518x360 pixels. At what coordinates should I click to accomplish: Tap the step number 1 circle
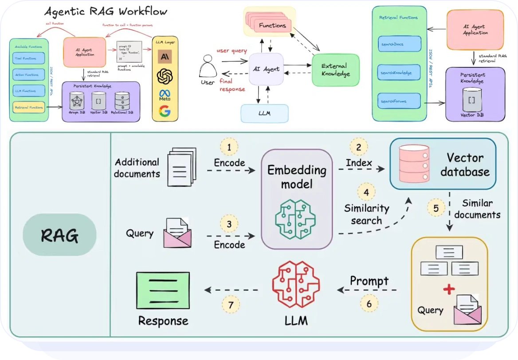point(229,147)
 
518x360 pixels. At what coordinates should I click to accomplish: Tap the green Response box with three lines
point(163,290)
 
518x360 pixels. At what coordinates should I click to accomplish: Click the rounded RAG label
point(59,235)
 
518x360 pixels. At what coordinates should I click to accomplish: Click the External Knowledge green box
point(335,70)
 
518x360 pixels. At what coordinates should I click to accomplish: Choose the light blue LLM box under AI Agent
point(265,113)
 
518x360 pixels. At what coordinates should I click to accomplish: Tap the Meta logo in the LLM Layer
point(165,95)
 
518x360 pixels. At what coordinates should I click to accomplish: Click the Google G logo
point(165,112)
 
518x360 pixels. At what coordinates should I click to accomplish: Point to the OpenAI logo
point(165,76)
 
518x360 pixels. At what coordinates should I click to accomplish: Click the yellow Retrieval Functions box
point(29,107)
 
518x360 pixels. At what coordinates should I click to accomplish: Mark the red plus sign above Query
point(449,290)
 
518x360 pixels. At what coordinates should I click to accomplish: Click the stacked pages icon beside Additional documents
point(181,167)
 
